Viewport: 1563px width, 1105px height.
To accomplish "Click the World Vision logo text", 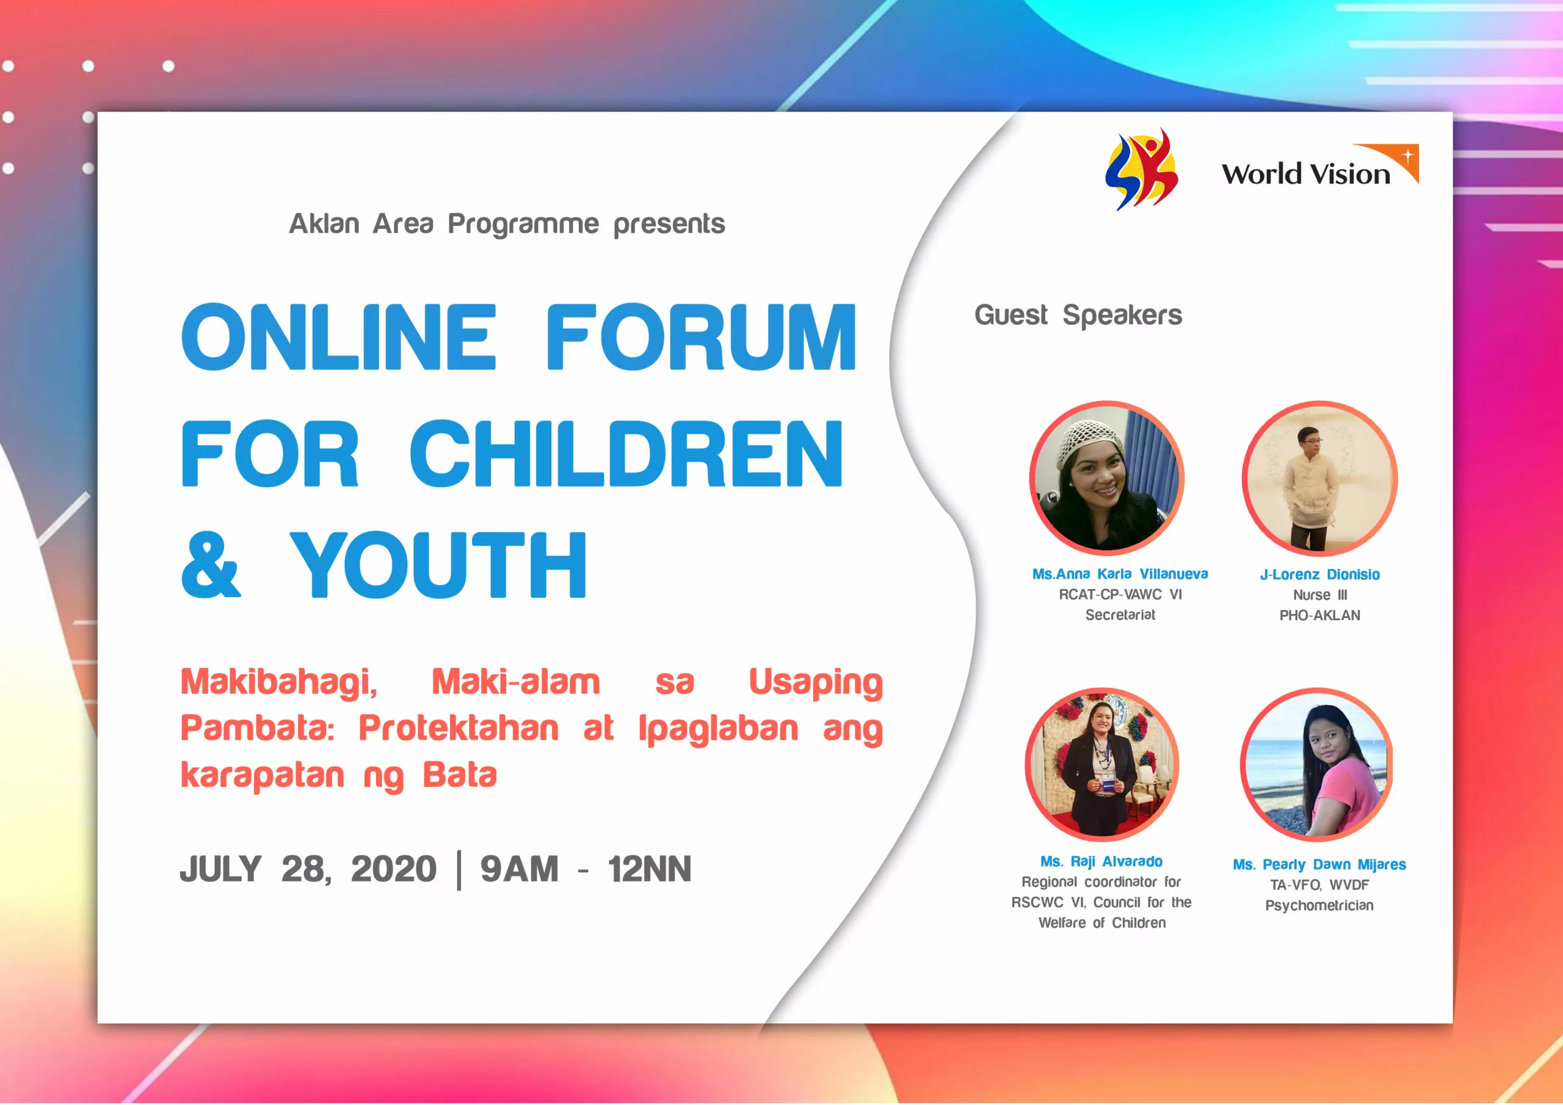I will pos(1306,173).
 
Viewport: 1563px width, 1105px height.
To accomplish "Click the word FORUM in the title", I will pos(700,337).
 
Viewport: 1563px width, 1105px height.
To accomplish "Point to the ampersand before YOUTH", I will pos(211,565).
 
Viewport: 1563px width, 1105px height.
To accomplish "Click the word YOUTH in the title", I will pos(438,565).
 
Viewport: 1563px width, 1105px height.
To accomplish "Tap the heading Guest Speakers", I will pos(1078,315).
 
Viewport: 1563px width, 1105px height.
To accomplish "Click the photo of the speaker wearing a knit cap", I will pos(1107,478).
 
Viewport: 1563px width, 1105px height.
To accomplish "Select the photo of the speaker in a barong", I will pos(1319,478).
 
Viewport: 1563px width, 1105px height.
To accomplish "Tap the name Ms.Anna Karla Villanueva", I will pos(1120,574).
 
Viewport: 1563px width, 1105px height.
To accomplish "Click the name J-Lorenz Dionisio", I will pos(1319,574).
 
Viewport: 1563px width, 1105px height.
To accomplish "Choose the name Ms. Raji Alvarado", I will pos(1101,861).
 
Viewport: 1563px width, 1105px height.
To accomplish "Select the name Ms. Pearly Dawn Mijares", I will pos(1319,864).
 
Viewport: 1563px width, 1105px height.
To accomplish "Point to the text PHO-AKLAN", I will pos(1319,615).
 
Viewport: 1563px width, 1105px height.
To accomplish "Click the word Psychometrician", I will pos(1319,905).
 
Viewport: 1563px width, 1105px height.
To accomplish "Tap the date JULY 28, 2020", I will pos(308,869).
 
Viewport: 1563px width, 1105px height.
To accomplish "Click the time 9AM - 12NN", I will pos(586,869).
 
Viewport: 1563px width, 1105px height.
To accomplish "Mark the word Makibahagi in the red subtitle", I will pos(278,682).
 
